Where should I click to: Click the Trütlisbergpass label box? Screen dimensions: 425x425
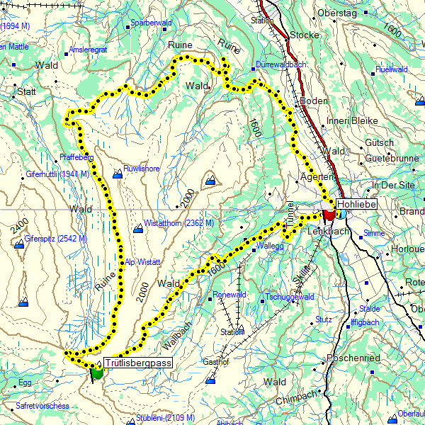(x=139, y=363)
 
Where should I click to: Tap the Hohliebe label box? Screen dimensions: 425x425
(x=357, y=204)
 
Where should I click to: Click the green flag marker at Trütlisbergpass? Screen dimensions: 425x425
(x=96, y=371)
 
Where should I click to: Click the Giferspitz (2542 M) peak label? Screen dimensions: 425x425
(x=56, y=238)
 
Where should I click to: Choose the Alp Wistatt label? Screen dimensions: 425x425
(x=144, y=262)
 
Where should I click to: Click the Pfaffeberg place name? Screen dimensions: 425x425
(x=77, y=157)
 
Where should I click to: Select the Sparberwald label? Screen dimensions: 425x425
(x=152, y=23)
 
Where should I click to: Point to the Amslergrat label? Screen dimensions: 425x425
(x=88, y=50)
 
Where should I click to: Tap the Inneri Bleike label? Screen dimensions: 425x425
(x=353, y=120)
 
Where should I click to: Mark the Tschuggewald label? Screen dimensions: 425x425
(x=290, y=297)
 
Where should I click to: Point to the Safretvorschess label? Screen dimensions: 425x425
(x=42, y=406)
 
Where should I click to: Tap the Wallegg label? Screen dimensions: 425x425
(x=273, y=246)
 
